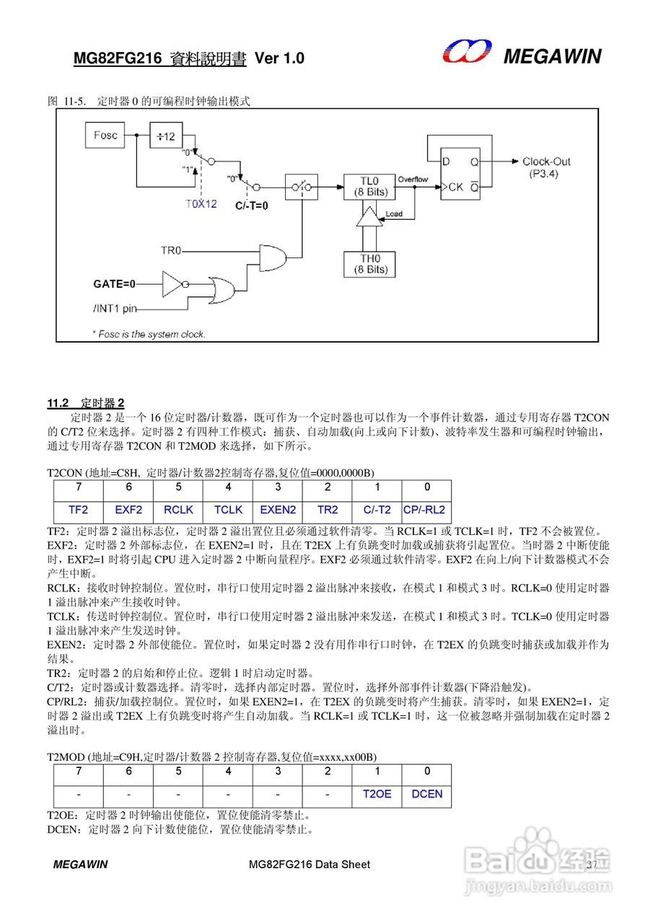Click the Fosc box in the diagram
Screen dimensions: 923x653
(105, 136)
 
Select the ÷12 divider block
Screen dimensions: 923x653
(166, 136)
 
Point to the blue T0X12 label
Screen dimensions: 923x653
(201, 204)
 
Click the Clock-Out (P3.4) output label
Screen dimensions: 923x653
(545, 167)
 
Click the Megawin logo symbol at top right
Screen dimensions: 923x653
(467, 53)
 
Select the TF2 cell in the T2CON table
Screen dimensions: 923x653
(79, 510)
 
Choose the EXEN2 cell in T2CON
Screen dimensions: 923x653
(278, 510)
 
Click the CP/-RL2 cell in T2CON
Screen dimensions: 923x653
(425, 510)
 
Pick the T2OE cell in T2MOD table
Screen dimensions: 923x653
(377, 794)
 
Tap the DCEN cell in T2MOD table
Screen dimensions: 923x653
(426, 794)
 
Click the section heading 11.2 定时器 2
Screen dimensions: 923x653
(86, 402)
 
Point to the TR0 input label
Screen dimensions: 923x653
(171, 251)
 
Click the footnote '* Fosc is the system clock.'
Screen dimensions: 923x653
(149, 334)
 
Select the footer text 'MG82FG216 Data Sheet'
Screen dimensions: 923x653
(309, 864)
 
